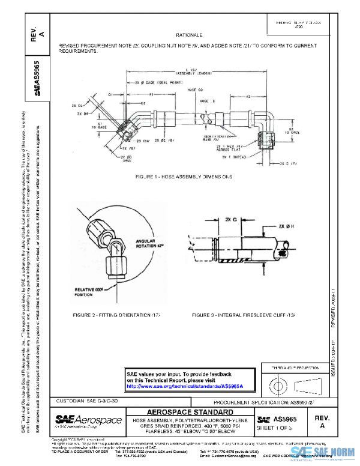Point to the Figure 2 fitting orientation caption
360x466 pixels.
click(116, 315)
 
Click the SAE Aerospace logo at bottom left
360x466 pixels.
click(88, 420)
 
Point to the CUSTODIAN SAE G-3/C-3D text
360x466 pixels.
click(91, 400)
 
